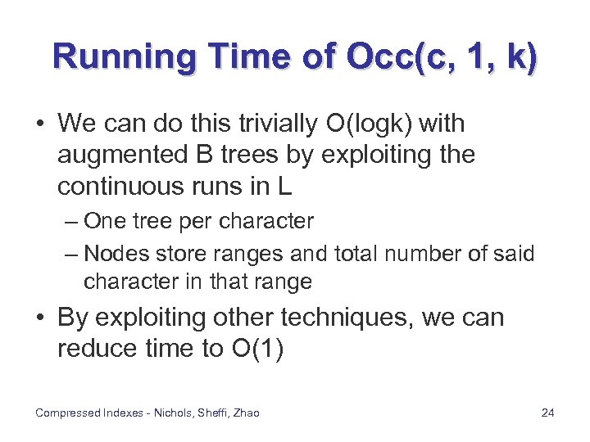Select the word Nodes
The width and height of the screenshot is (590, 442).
tap(111, 253)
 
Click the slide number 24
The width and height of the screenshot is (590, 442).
tap(547, 413)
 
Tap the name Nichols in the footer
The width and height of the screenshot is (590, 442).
tap(169, 413)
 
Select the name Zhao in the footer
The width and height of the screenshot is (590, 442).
tap(245, 413)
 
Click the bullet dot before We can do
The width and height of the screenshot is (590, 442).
tap(40, 125)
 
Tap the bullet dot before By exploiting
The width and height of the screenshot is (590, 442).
tap(40, 318)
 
